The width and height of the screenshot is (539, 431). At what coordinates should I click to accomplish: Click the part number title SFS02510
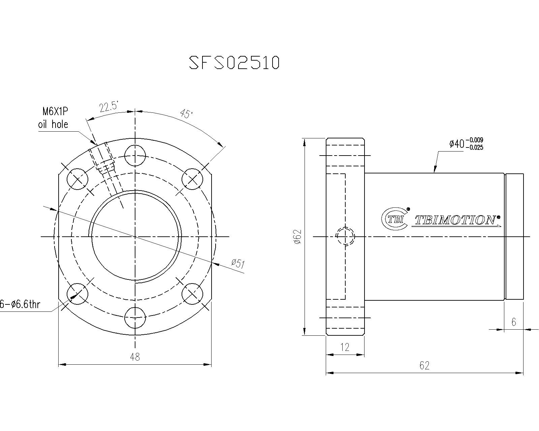tap(234, 63)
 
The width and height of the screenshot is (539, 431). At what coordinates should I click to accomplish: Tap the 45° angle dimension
tap(186, 114)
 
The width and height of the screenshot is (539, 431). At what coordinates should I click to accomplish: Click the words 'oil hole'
tap(53, 124)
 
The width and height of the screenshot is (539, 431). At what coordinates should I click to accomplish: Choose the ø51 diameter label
tap(238, 263)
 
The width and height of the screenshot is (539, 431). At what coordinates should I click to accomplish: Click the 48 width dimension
tap(135, 357)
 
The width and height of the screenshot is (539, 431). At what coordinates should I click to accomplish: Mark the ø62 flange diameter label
tap(297, 237)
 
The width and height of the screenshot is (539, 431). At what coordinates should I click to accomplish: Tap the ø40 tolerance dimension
tap(466, 144)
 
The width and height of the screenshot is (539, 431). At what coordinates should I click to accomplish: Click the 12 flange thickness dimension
tap(345, 347)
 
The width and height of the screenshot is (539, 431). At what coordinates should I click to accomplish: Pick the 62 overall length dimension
tap(424, 365)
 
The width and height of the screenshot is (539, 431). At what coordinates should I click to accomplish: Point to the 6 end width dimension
tap(514, 322)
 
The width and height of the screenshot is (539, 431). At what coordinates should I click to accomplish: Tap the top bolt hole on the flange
tap(135, 156)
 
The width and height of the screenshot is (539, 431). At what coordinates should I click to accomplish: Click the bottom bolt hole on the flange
tap(135, 318)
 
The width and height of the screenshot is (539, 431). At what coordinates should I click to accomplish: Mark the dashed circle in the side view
tap(346, 237)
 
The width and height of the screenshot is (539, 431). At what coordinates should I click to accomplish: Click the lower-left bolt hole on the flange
tap(77, 294)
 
